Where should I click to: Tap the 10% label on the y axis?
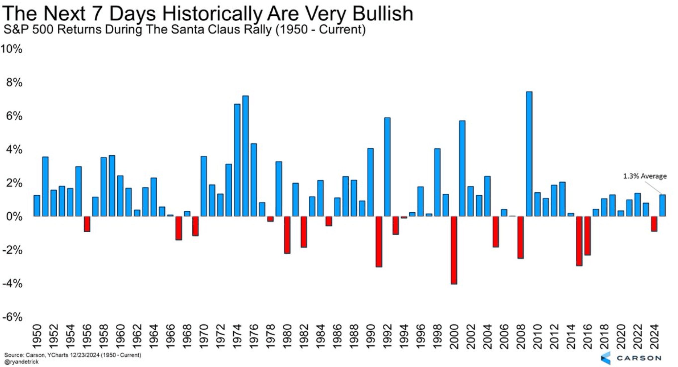pyautogui.click(x=11, y=49)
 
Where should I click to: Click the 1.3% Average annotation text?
pyautogui.click(x=645, y=176)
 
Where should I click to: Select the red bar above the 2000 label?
pyautogui.click(x=454, y=250)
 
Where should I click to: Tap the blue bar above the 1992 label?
pyautogui.click(x=387, y=167)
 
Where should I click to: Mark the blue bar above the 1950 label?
pyautogui.click(x=37, y=206)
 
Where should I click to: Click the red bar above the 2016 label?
pyautogui.click(x=588, y=236)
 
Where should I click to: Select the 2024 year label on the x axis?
pyautogui.click(x=654, y=337)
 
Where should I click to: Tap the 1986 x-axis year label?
pyautogui.click(x=337, y=337)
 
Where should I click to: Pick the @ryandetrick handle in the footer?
pyautogui.click(x=22, y=362)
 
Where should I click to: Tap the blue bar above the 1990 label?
pyautogui.click(x=370, y=182)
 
